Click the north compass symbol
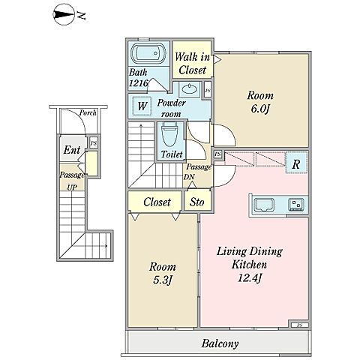(x=64, y=14)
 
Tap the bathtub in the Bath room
(x=148, y=53)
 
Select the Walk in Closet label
(x=193, y=64)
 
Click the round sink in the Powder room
(x=189, y=88)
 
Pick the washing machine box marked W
(x=142, y=106)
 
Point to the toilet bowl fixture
(x=169, y=136)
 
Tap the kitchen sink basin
(x=264, y=205)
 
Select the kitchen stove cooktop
(x=296, y=204)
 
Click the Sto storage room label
(x=197, y=202)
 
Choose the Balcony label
(x=220, y=343)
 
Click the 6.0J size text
(x=260, y=109)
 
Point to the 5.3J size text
(x=162, y=280)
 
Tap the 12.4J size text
(x=250, y=278)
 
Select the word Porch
(x=88, y=112)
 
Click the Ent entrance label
(x=72, y=150)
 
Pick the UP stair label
(x=72, y=187)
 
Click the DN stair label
(x=189, y=177)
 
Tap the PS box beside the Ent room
(x=94, y=144)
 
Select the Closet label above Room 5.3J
(x=157, y=202)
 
